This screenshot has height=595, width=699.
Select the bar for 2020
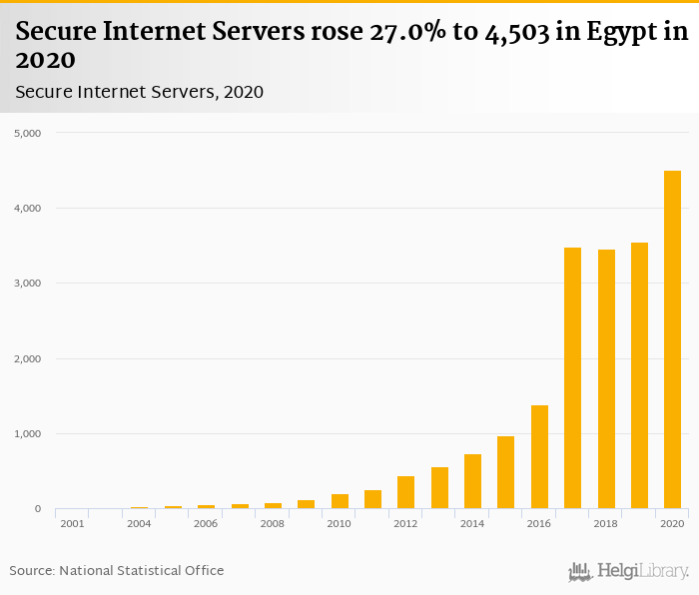click(672, 339)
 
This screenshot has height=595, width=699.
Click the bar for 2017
click(572, 378)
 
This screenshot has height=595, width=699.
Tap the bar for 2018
click(606, 379)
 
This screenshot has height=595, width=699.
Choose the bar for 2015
click(506, 472)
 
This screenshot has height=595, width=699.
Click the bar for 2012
click(405, 492)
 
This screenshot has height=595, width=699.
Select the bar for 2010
click(340, 501)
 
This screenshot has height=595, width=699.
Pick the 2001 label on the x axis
click(72, 524)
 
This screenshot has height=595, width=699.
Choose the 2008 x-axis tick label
click(273, 524)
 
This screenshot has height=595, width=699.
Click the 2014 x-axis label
click(472, 524)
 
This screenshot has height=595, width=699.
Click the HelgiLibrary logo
click(628, 571)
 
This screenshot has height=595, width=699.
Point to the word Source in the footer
click(31, 571)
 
